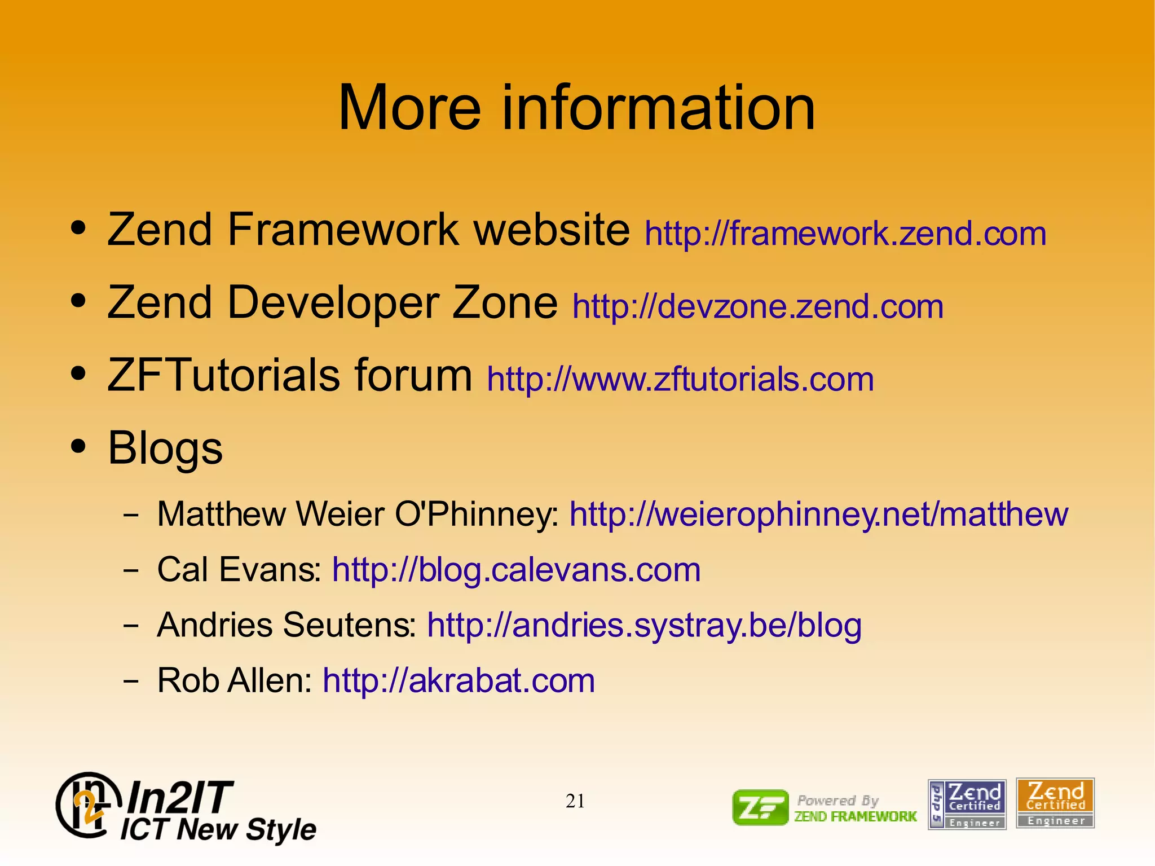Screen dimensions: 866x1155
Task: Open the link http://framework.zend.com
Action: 845,234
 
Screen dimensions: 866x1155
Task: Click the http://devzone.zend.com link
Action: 757,306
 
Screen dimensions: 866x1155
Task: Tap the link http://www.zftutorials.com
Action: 680,379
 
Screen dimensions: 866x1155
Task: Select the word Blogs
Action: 165,448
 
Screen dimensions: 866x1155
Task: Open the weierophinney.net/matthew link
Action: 818,514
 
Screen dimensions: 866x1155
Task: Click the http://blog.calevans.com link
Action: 516,569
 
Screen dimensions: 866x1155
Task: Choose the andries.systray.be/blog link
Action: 644,625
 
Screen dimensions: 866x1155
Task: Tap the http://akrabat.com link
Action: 459,680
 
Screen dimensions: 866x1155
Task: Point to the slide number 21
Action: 575,801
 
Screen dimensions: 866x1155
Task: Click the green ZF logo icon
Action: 760,807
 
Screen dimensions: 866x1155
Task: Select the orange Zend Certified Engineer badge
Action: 1055,803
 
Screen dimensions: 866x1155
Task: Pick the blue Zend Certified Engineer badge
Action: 967,805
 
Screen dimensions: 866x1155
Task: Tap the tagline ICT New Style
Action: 218,829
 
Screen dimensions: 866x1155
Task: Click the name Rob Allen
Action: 234,680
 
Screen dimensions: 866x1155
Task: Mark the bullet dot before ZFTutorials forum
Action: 78,373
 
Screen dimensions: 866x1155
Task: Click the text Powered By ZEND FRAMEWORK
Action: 855,808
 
